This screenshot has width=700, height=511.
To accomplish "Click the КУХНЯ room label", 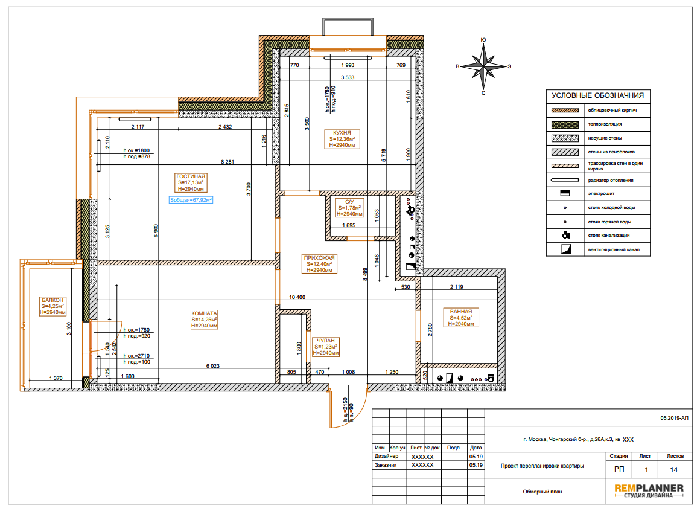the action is pyautogui.click(x=342, y=139).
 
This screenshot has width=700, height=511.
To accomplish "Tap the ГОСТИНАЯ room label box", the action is pyautogui.click(x=191, y=182).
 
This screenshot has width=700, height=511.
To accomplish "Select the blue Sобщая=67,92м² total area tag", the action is pyautogui.click(x=191, y=200).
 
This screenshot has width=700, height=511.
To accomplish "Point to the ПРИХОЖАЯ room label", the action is pyautogui.click(x=319, y=264).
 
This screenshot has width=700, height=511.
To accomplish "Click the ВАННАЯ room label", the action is pyautogui.click(x=461, y=318).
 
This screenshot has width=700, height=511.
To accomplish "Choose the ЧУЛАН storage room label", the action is pyautogui.click(x=326, y=347).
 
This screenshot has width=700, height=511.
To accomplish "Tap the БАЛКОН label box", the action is pyautogui.click(x=52, y=306).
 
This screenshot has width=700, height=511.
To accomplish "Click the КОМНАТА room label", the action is pyautogui.click(x=205, y=320).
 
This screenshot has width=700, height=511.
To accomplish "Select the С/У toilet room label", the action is pyautogui.click(x=349, y=208).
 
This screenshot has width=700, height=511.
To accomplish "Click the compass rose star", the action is pyautogui.click(x=483, y=66).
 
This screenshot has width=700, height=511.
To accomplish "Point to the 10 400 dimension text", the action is pyautogui.click(x=297, y=297).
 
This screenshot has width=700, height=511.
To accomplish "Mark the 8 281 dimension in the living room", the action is pyautogui.click(x=227, y=162).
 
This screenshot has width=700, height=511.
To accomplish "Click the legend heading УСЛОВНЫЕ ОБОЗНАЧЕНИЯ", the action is pyautogui.click(x=598, y=95).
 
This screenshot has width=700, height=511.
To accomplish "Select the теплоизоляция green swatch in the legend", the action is pyautogui.click(x=565, y=124).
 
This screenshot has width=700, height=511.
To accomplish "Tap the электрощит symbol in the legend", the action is pyautogui.click(x=565, y=193).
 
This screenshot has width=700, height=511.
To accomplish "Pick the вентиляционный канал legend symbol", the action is pyautogui.click(x=566, y=249).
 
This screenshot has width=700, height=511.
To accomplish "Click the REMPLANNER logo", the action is pyautogui.click(x=649, y=490).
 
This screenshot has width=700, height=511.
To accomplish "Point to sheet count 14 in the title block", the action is pyautogui.click(x=673, y=470).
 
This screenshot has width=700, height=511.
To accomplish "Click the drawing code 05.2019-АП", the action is pyautogui.click(x=674, y=418).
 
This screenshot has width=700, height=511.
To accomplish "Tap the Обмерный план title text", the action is pyautogui.click(x=542, y=492).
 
